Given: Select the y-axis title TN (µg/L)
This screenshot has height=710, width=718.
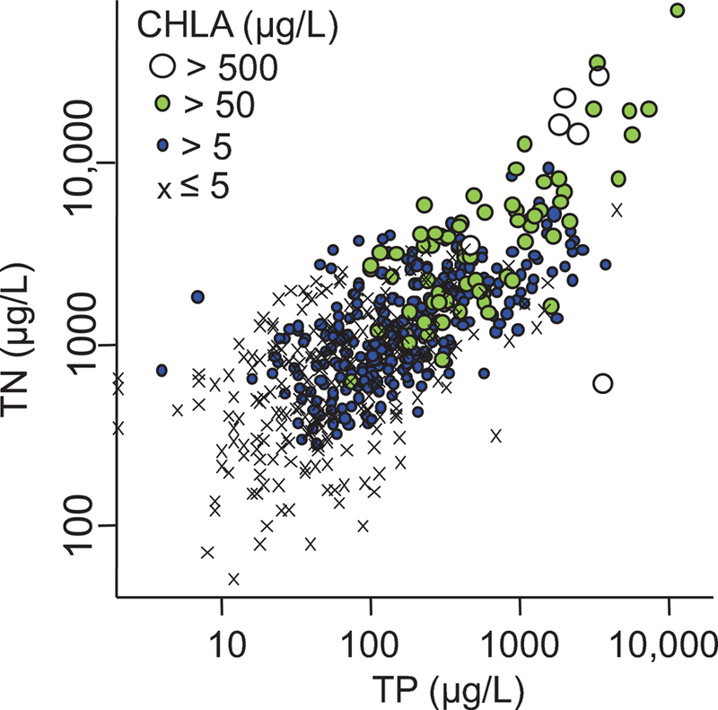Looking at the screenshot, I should click(25, 343).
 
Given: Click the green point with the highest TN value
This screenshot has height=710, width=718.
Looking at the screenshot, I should click(678, 10).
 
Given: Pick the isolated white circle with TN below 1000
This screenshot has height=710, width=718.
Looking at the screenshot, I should click(603, 383).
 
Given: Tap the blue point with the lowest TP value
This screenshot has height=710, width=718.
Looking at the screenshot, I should click(162, 370).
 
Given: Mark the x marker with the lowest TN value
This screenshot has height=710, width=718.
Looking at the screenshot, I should click(233, 579).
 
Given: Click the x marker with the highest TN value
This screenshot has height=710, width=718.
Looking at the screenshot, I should click(617, 209).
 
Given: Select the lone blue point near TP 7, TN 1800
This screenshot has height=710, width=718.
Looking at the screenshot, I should click(198, 297).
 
